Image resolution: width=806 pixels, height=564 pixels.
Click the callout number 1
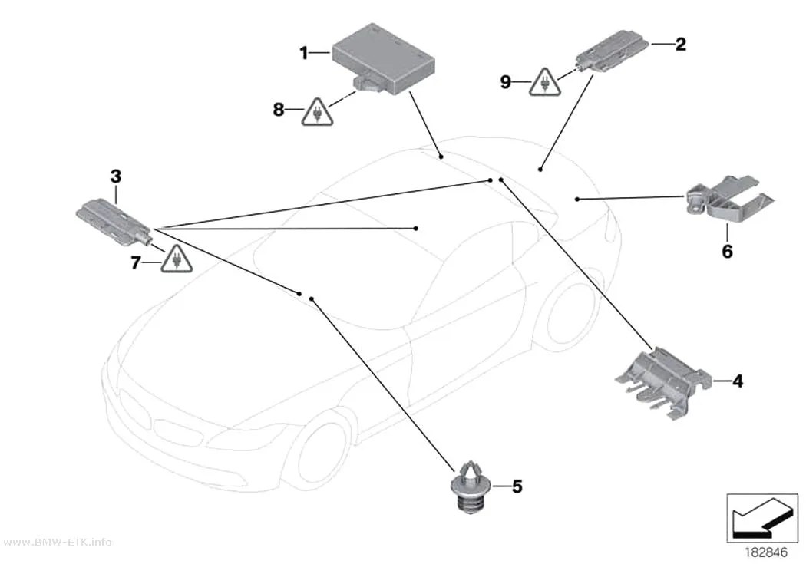[304, 52]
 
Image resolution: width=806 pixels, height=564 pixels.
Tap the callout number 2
[680, 45]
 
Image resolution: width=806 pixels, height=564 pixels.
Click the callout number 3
[116, 176]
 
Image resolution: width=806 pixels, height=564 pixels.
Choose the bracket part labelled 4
[663, 381]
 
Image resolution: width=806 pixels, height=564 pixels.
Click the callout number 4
[738, 381]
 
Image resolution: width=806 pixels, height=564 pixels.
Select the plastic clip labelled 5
[471, 486]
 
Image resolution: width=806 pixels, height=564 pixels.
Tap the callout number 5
[517, 486]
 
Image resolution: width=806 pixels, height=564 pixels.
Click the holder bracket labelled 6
[730, 198]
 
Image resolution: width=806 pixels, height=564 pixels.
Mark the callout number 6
[728, 251]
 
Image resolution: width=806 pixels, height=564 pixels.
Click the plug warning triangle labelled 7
[177, 259]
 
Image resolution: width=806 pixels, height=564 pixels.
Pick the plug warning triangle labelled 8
[316, 113]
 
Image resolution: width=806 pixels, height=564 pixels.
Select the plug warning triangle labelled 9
[545, 83]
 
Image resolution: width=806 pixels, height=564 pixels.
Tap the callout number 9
[506, 81]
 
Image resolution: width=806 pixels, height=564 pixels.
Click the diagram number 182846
[766, 552]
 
